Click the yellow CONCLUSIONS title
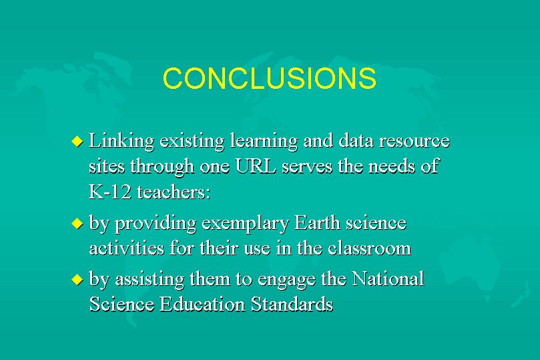269,78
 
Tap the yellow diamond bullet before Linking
77,141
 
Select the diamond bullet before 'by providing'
77,224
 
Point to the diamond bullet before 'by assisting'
77,279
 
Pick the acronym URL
256,166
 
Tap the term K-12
110,192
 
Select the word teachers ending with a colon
174,192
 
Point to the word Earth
317,222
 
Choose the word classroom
370,248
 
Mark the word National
388,279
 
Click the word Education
202,304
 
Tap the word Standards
292,304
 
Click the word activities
126,248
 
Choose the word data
356,141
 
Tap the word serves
307,167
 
